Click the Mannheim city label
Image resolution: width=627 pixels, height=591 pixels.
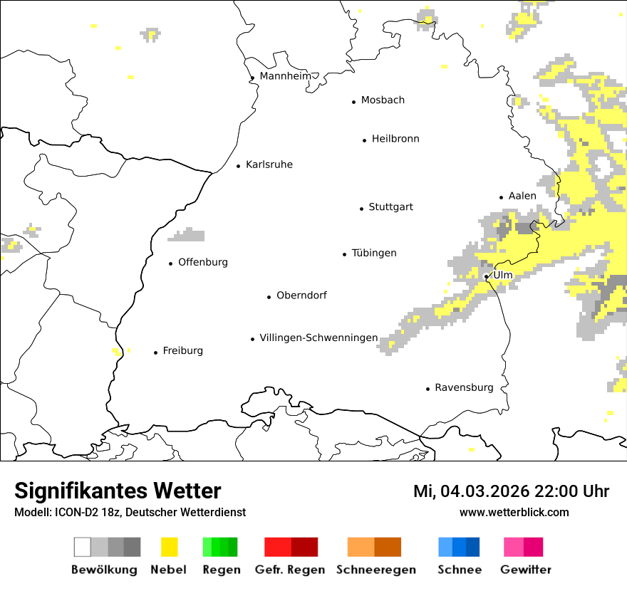point(285,76)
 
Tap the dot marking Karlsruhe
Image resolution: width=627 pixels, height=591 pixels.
point(239,166)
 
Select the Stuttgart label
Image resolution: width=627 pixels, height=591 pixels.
point(390,207)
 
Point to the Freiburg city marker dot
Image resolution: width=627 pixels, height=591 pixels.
point(156,352)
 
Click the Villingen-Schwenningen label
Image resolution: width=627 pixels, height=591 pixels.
point(318,338)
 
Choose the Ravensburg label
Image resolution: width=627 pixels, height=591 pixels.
point(464,387)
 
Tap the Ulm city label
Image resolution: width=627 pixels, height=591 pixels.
point(503,275)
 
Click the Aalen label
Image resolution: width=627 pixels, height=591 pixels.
point(522,196)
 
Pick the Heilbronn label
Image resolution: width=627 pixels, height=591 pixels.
point(395,139)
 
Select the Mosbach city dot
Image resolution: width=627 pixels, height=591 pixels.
point(354,102)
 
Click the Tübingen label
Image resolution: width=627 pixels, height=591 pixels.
point(374,253)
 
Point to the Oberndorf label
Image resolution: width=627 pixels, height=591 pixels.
point(301,295)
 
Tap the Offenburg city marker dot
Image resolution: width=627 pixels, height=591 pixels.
point(171,264)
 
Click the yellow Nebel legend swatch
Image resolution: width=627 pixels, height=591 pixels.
point(170,547)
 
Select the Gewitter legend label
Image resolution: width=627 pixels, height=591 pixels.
point(526,570)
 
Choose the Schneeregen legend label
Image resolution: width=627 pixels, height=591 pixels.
point(375,570)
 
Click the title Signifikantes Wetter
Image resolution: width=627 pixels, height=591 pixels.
point(118,491)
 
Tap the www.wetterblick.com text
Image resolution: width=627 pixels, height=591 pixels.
point(514,512)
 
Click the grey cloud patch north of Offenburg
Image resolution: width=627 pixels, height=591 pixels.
point(188,235)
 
